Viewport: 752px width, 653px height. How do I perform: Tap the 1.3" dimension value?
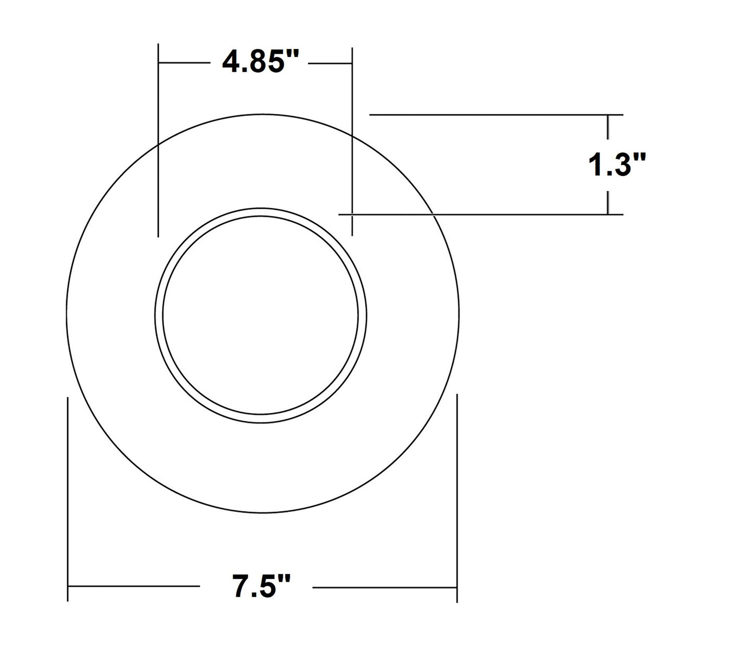click(617, 165)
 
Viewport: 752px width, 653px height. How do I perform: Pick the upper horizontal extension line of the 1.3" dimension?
click(494, 114)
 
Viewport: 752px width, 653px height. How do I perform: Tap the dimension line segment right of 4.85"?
click(330, 63)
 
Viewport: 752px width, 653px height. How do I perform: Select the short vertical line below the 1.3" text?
click(608, 202)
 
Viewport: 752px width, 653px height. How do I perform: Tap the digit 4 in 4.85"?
click(231, 63)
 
